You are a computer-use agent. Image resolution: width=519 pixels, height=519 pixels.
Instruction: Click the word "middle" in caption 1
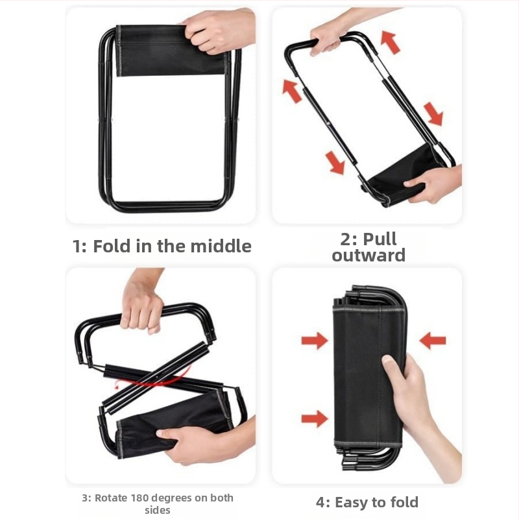[221, 246]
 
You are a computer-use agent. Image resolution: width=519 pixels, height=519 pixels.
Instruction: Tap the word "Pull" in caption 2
[380, 239]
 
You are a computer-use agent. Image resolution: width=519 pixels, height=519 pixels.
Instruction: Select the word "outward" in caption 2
[368, 255]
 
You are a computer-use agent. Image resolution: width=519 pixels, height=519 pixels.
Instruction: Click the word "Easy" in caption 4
[352, 502]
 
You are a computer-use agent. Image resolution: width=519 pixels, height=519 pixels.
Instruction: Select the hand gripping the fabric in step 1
[219, 30]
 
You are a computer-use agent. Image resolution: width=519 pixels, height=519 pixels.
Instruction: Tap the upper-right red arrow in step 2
[391, 42]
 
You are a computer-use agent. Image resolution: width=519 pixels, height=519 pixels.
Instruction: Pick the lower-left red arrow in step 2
[335, 163]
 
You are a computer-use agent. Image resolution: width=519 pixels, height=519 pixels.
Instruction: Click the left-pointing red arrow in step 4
[433, 341]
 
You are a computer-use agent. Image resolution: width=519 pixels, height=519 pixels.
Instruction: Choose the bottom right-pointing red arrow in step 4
[315, 418]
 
